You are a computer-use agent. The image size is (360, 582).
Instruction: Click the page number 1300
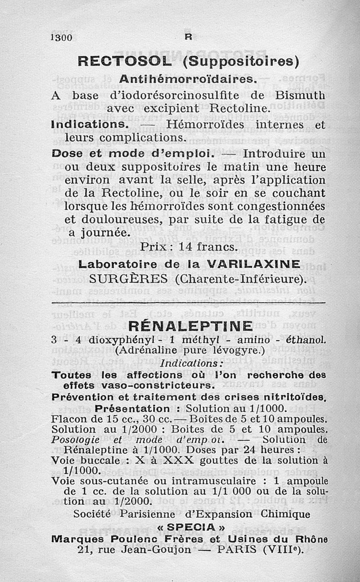pos(62,38)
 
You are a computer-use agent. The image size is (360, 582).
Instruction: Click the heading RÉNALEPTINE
pos(190,325)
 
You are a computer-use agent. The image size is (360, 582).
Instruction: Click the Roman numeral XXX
pos(180,460)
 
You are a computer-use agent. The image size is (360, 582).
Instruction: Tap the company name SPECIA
pos(191,526)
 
